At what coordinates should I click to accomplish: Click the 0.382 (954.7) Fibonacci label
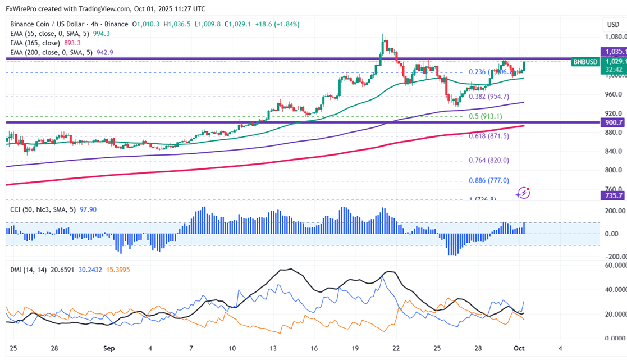pyautogui.click(x=489, y=97)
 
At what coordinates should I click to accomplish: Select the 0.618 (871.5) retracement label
pyautogui.click(x=489, y=136)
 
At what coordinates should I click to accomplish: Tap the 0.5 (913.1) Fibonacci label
pyautogui.click(x=486, y=116)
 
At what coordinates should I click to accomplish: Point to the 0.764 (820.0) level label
pyautogui.click(x=489, y=160)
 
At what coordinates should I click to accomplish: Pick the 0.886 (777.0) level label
pyautogui.click(x=489, y=180)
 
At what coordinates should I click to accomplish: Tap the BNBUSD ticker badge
pyautogui.click(x=584, y=62)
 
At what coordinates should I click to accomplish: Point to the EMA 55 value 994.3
pyautogui.click(x=101, y=34)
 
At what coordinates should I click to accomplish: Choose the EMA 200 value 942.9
pyautogui.click(x=105, y=52)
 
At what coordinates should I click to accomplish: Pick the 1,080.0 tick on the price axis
pyautogui.click(x=615, y=37)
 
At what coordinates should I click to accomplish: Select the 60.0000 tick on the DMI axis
pyautogui.click(x=614, y=265)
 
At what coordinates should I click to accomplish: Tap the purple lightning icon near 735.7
pyautogui.click(x=523, y=193)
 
